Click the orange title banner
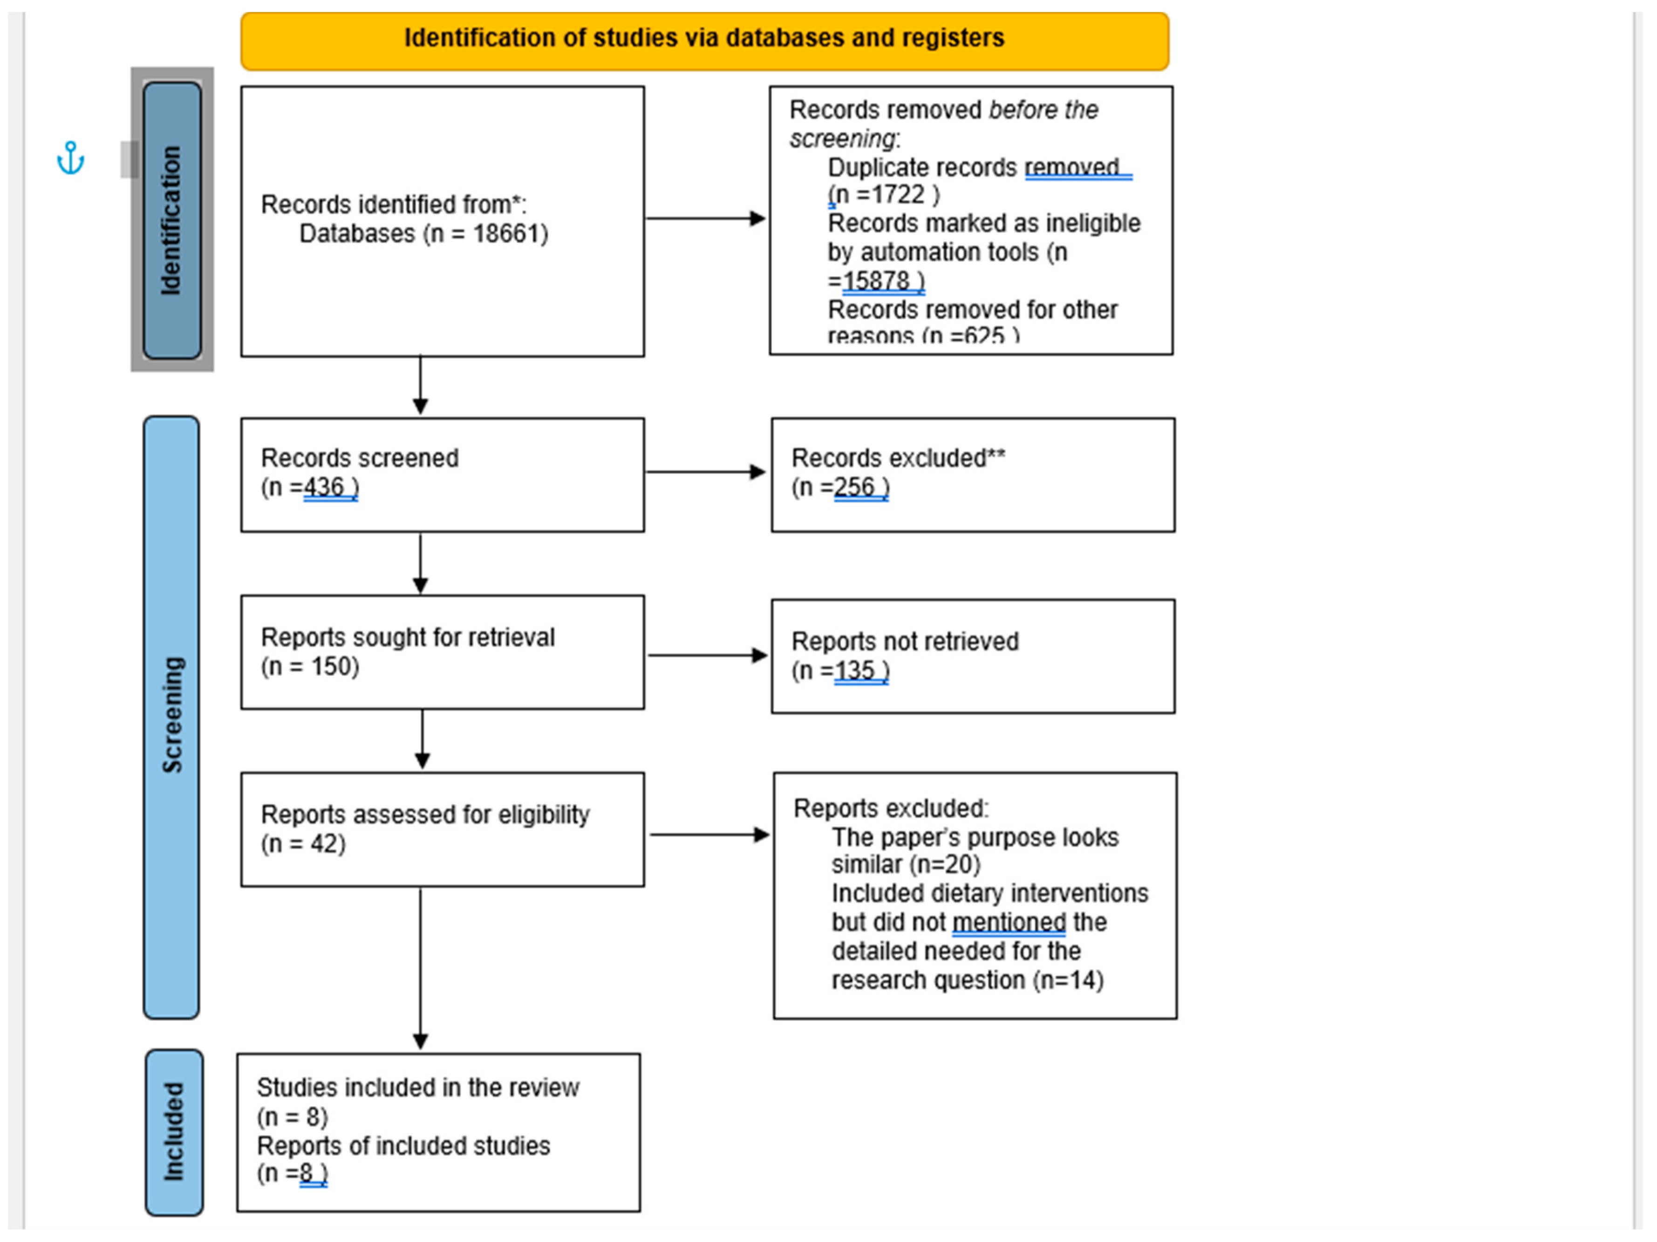tap(704, 41)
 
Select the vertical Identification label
tap(171, 220)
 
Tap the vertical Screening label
tap(171, 716)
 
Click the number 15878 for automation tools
tap(876, 281)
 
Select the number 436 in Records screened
tap(324, 487)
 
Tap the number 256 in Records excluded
tap(854, 487)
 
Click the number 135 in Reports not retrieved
tap(854, 670)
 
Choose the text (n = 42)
tap(303, 844)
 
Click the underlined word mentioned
tap(1009, 922)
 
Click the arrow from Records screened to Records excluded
tap(706, 472)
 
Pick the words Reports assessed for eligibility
tap(425, 814)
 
